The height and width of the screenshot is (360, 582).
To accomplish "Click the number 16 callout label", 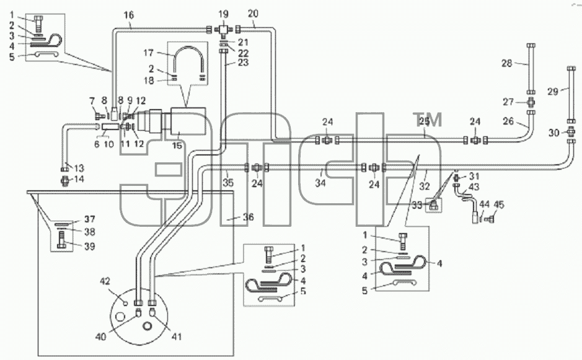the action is click(x=129, y=15).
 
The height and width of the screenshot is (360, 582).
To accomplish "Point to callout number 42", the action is click(x=105, y=281).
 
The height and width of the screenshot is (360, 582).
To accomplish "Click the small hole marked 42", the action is click(x=125, y=304).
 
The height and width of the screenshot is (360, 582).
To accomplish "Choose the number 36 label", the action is click(x=249, y=217).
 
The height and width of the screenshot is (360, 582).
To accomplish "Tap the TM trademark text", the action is click(x=428, y=120).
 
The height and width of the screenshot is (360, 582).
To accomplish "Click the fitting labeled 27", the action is click(x=531, y=101).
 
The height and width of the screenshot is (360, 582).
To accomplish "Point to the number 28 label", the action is click(x=506, y=63).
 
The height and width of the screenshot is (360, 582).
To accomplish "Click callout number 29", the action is click(x=553, y=91).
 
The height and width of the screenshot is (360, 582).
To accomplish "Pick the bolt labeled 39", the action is click(x=62, y=240).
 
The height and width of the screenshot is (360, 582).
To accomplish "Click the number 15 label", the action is click(x=177, y=145).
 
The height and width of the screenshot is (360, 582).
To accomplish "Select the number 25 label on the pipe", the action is click(x=424, y=121).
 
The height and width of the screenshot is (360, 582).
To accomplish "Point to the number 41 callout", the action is click(x=176, y=336).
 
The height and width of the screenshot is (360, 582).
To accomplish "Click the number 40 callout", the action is click(x=101, y=336).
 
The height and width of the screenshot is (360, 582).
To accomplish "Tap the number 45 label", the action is click(x=499, y=205).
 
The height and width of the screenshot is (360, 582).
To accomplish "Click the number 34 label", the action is click(x=320, y=182).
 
